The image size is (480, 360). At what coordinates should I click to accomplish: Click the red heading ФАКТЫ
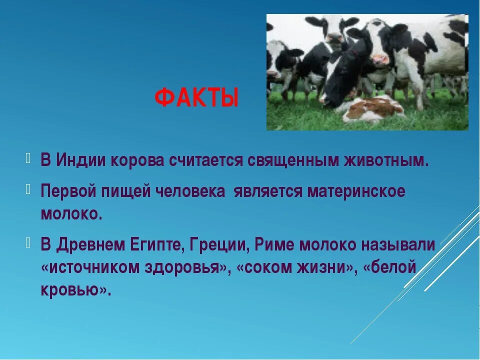tap(196, 97)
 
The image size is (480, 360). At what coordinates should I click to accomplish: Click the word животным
tap(386, 160)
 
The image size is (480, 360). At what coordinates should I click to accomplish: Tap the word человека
tap(190, 192)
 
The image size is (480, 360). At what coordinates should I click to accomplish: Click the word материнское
tap(356, 192)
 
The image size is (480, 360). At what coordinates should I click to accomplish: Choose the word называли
tap(398, 245)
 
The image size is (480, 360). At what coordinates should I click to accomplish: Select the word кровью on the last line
tap(69, 289)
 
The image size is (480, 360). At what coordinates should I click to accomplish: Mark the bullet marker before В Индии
tap(28, 158)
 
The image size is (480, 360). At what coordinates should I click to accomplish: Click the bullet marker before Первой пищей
tap(28, 190)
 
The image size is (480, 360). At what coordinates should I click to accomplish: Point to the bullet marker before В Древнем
tap(28, 243)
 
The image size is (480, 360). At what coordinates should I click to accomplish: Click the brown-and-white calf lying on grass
tap(373, 108)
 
